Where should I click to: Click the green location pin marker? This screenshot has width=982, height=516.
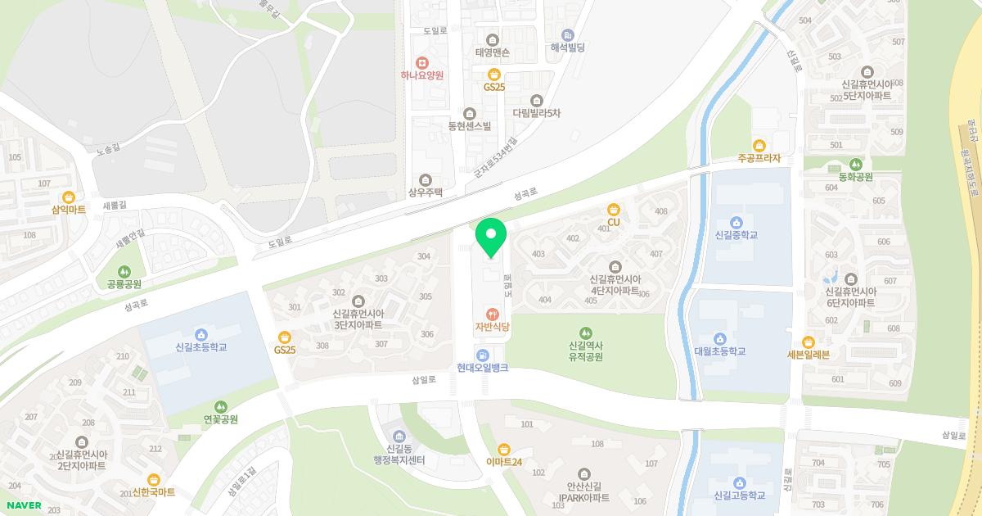pyautogui.click(x=491, y=237)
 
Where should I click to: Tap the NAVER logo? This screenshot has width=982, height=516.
pyautogui.click(x=24, y=505)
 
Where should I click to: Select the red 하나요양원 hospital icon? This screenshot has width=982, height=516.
pyautogui.click(x=421, y=62)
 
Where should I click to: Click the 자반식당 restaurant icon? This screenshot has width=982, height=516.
pyautogui.click(x=492, y=314)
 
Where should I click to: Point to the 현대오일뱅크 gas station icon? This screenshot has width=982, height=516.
pyautogui.click(x=483, y=355)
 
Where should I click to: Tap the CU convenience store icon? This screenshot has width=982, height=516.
pyautogui.click(x=613, y=210)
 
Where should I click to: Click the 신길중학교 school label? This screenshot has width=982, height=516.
pyautogui.click(x=736, y=235)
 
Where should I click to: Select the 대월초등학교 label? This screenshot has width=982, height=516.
pyautogui.click(x=719, y=351)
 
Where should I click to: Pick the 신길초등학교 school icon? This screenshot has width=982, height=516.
pyautogui.click(x=200, y=334)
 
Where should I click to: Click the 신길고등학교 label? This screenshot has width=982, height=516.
pyautogui.click(x=739, y=495)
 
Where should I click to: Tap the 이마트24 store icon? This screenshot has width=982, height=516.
pyautogui.click(x=503, y=449)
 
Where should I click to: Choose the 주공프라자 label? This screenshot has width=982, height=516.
pyautogui.click(x=759, y=158)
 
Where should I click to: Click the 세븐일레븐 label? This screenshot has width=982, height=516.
pyautogui.click(x=808, y=355)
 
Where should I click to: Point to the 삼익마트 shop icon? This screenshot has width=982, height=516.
pyautogui.click(x=69, y=197)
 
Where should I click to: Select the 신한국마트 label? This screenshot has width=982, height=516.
pyautogui.click(x=154, y=492)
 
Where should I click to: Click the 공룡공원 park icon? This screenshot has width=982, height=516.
pyautogui.click(x=124, y=271)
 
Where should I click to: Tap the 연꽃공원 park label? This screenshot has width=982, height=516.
pyautogui.click(x=220, y=419)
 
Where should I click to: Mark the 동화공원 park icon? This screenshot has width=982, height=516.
pyautogui.click(x=855, y=164)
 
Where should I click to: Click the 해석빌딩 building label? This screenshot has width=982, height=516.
pyautogui.click(x=567, y=48)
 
